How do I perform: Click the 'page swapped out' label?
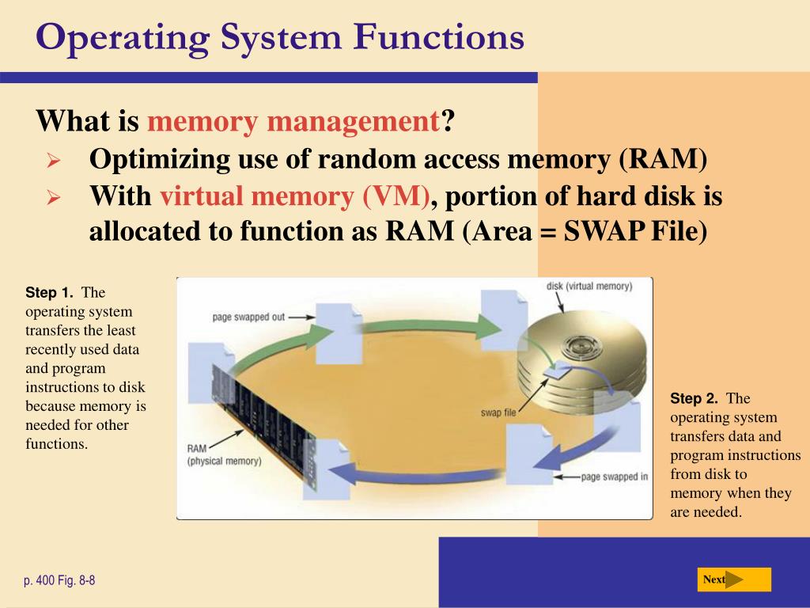(248, 317)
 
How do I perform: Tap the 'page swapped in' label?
(615, 477)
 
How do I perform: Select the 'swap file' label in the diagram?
(498, 412)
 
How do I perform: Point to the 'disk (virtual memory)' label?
(589, 286)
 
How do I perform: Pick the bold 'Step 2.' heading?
(694, 399)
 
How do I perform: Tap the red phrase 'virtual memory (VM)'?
(295, 196)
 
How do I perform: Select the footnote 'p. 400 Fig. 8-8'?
(59, 581)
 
